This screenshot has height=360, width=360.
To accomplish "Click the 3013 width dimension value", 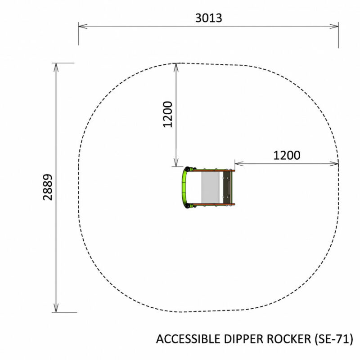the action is click(208, 18).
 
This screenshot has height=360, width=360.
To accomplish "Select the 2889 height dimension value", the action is click(48, 187).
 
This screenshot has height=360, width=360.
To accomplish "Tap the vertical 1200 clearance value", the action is click(167, 114).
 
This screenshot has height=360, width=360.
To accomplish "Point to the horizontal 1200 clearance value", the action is click(287, 155).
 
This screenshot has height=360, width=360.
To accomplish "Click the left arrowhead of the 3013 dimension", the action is click(83, 26).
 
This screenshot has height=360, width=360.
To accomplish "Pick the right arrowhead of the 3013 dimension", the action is click(334, 26).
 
